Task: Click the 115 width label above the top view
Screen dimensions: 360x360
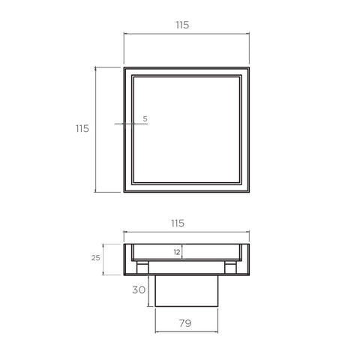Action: click(182, 25)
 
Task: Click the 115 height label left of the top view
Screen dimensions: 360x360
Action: click(82, 128)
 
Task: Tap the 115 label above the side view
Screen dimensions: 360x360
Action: click(178, 223)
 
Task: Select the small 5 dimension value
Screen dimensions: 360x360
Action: click(145, 119)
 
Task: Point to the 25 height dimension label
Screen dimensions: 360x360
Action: click(95, 258)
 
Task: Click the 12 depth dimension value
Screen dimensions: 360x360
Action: click(177, 252)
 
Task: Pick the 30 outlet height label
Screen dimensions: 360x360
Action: click(139, 290)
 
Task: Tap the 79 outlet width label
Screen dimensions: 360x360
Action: click(185, 323)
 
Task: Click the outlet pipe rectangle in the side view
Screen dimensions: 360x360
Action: click(187, 291)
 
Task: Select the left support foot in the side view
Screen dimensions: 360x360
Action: click(142, 268)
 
